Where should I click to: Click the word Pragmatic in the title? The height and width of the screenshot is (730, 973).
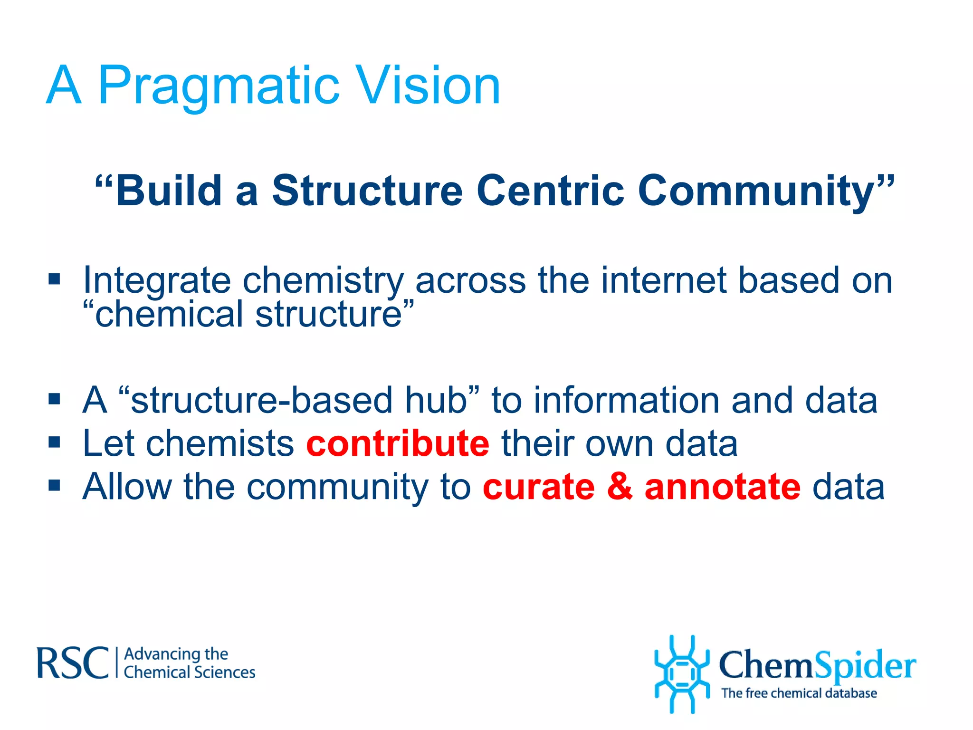(219, 86)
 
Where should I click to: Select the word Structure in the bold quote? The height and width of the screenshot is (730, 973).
(367, 191)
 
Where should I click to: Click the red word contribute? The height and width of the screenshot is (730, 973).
(397, 443)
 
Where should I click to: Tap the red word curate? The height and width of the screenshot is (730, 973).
(538, 487)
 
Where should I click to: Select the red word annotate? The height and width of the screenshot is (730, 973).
(722, 487)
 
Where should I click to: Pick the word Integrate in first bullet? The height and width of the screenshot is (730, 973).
(157, 280)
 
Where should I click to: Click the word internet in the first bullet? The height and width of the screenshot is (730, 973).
(663, 280)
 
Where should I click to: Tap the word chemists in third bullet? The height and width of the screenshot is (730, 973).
(220, 443)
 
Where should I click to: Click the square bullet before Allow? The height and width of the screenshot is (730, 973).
(54, 485)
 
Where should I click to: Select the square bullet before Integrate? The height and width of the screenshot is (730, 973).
(54, 279)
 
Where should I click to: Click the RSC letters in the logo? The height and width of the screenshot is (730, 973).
(73, 663)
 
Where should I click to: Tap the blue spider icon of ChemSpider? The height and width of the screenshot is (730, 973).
(682, 674)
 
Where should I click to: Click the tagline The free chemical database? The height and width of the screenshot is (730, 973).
(799, 693)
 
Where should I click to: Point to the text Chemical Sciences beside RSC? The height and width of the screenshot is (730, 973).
(189, 672)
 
